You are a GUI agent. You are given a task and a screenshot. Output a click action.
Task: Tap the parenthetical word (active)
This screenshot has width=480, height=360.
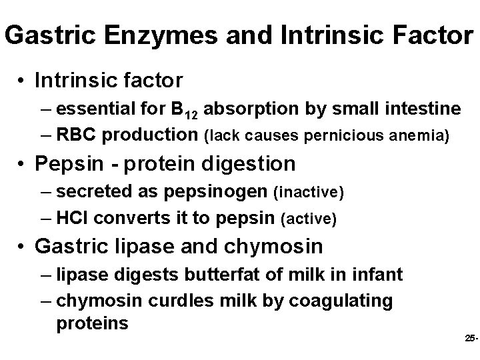coord(310,219)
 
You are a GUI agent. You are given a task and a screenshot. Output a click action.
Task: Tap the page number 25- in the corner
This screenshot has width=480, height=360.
coord(470,339)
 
